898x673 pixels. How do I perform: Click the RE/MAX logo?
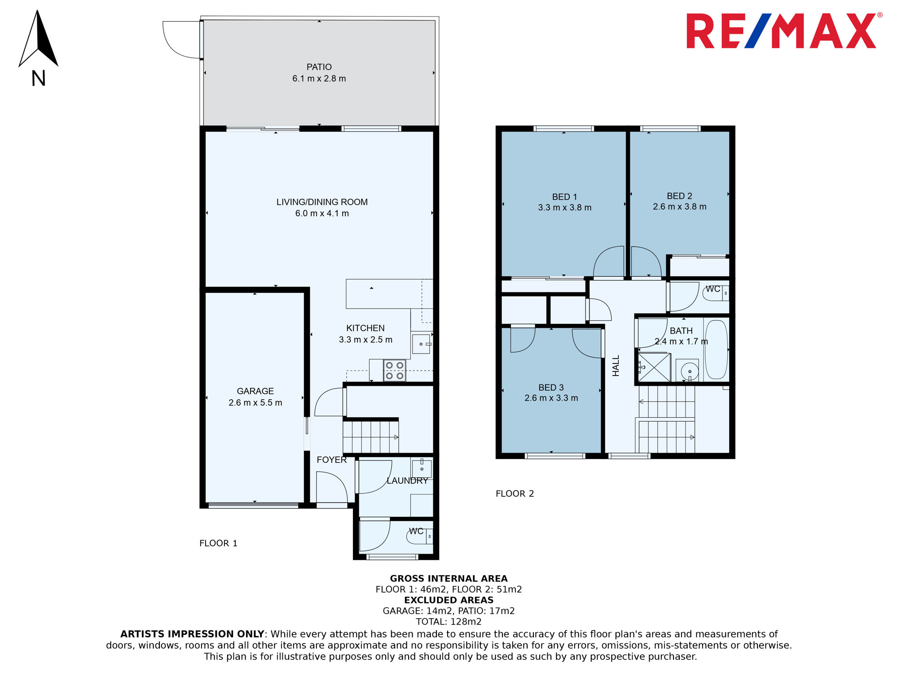784,31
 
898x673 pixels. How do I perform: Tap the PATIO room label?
319,67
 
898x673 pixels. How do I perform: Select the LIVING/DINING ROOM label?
322,202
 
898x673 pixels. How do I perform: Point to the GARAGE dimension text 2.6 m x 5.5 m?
255,402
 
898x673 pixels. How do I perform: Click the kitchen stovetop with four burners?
395,371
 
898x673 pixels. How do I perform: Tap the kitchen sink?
421,344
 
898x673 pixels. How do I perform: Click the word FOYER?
332,460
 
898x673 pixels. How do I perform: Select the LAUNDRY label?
407,481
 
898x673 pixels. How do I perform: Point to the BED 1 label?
564,197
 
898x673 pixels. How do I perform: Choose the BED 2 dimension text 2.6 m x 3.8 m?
680,206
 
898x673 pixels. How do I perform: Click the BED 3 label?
551,387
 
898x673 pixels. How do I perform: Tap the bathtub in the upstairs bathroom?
716,350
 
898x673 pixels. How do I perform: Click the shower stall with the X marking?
654,367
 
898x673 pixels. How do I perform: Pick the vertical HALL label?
616,366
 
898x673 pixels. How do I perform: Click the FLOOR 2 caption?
515,494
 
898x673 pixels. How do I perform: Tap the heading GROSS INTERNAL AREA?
449,578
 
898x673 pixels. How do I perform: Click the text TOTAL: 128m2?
449,621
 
